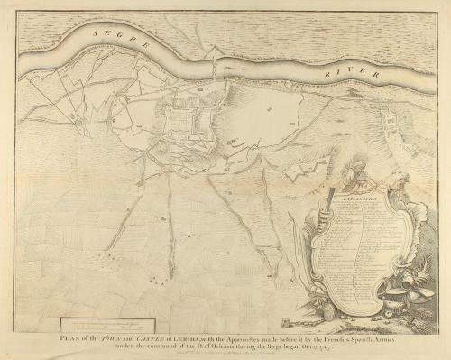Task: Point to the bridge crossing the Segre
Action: (214, 67)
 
